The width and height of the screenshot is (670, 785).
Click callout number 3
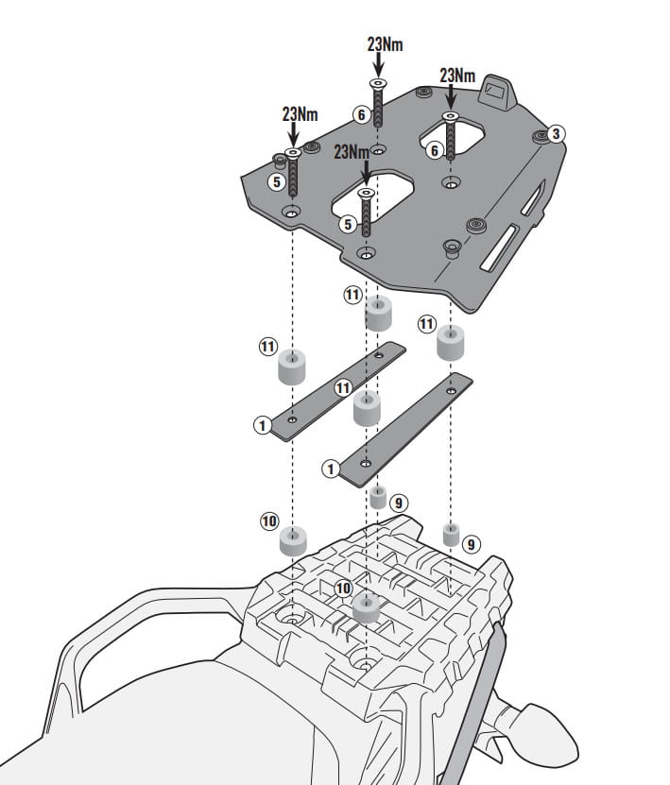(556, 134)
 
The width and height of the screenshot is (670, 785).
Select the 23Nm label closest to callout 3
(457, 76)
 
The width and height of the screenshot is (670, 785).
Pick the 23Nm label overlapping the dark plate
(352, 151)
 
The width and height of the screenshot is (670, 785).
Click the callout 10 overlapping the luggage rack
(343, 589)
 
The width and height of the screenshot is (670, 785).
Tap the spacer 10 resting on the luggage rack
(366, 607)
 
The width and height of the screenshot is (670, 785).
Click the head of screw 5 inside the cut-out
(366, 193)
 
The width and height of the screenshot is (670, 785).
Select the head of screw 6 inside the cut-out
(450, 116)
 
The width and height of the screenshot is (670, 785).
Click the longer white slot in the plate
(498, 247)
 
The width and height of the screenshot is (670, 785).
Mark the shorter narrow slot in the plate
(532, 198)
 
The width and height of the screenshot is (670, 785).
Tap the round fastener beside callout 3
(541, 136)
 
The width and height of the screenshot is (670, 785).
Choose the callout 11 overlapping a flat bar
(343, 388)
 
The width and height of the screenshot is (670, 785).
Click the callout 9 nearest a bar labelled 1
(399, 503)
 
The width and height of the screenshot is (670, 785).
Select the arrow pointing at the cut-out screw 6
(451, 96)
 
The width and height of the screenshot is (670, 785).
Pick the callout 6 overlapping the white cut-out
(435, 149)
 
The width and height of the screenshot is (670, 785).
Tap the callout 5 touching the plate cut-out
(348, 224)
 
